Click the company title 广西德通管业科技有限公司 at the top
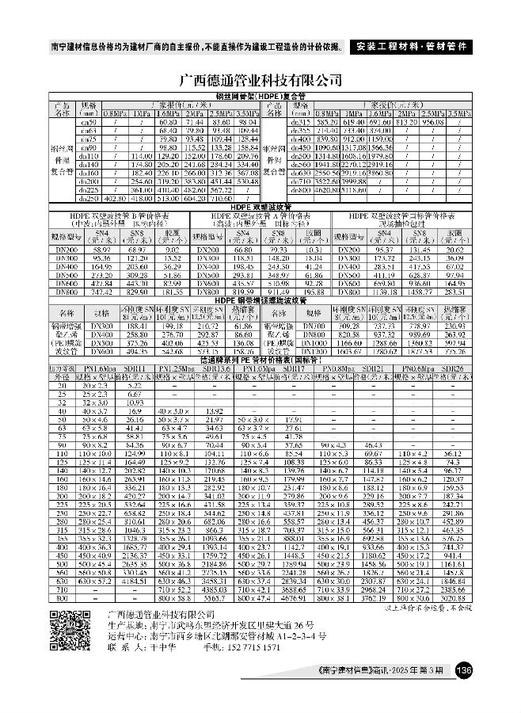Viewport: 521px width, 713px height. [x=260, y=81]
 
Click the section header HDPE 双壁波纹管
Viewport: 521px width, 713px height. [x=260, y=207]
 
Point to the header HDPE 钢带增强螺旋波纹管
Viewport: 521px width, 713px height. [x=260, y=300]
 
